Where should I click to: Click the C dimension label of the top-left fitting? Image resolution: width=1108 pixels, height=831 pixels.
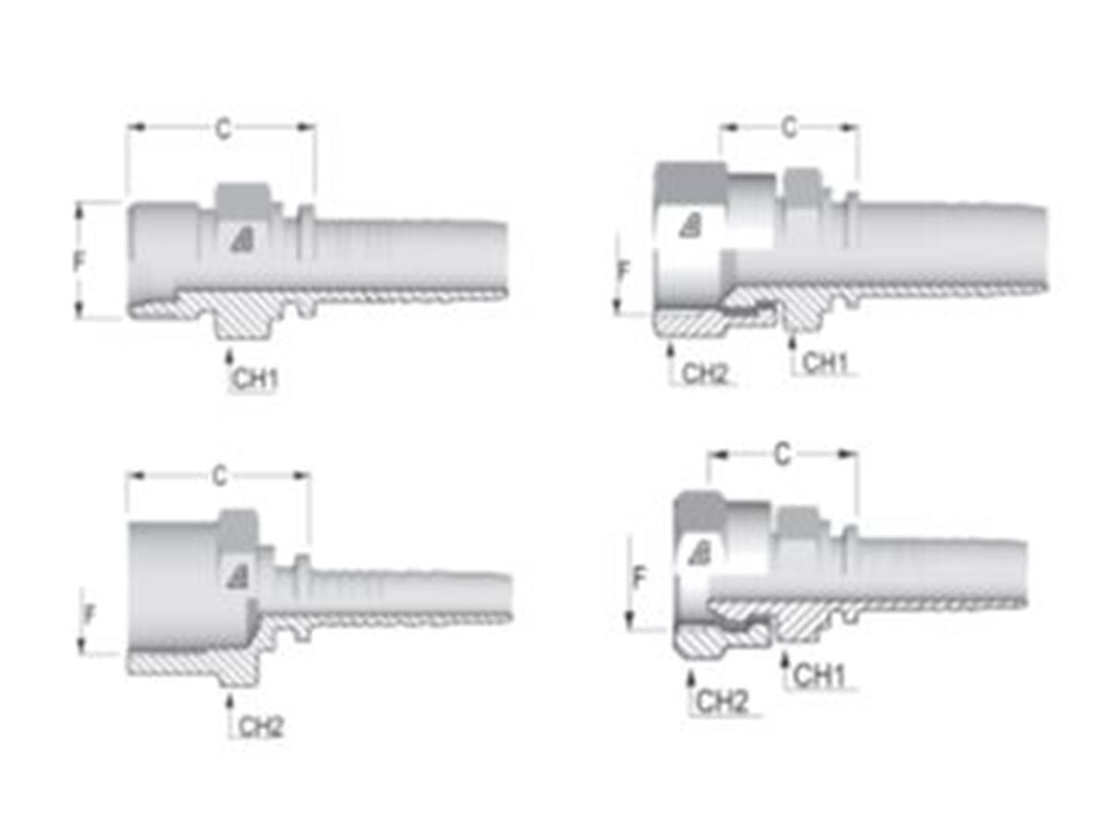[x=223, y=129]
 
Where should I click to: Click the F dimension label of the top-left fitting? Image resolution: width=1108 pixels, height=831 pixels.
[x=80, y=261]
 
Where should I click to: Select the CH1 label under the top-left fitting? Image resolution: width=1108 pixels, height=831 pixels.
[x=255, y=379]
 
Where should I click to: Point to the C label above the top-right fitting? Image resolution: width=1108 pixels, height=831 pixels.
[x=789, y=127]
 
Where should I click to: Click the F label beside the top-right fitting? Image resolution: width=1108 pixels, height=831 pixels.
[x=624, y=272]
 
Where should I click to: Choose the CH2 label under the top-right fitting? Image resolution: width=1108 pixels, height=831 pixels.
[x=705, y=374]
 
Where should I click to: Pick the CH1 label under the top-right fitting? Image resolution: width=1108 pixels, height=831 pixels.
[x=825, y=364]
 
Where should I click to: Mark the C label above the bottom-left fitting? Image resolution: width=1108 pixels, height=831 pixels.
[x=219, y=476]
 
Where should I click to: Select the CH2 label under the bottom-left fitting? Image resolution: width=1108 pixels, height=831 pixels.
[x=261, y=727]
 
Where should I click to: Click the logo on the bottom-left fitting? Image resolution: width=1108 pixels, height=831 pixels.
[x=237, y=576]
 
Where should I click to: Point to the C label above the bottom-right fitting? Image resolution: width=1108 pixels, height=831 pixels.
[x=782, y=454]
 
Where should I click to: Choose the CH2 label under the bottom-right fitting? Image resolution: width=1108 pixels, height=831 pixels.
[x=721, y=703]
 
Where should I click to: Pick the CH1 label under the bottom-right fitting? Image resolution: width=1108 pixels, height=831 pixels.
[x=820, y=677]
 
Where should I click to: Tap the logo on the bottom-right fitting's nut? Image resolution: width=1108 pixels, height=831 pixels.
[x=700, y=553]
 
